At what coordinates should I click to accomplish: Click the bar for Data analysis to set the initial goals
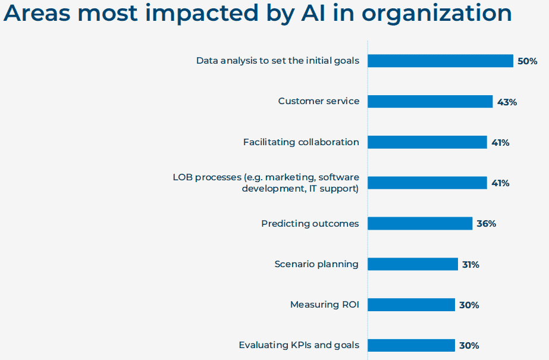pos(441,61)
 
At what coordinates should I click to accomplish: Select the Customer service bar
pos(430,102)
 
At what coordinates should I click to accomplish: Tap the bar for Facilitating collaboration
pos(428,142)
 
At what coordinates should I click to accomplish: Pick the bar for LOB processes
pos(428,183)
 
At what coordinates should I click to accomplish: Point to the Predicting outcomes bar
pos(420,223)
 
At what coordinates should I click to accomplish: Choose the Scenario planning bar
pos(413,264)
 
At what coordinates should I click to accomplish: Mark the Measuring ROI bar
pos(412,305)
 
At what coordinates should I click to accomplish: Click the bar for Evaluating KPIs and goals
pos(412,345)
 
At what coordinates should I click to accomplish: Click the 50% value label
pos(528,61)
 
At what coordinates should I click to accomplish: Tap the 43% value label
pos(507,102)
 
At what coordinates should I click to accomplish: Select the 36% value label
pos(487,224)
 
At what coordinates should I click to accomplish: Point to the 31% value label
pos(470,265)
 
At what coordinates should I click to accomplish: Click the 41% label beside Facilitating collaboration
pos(500,143)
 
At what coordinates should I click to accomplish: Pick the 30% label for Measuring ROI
pos(469,305)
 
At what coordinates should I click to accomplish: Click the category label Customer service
pos(319,101)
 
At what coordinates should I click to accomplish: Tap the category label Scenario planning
pos(316,264)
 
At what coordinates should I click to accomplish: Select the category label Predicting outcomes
pos(310,223)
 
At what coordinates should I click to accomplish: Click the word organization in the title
pos(437,13)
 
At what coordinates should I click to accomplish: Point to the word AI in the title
pos(313,12)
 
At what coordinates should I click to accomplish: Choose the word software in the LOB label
pos(338,177)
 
